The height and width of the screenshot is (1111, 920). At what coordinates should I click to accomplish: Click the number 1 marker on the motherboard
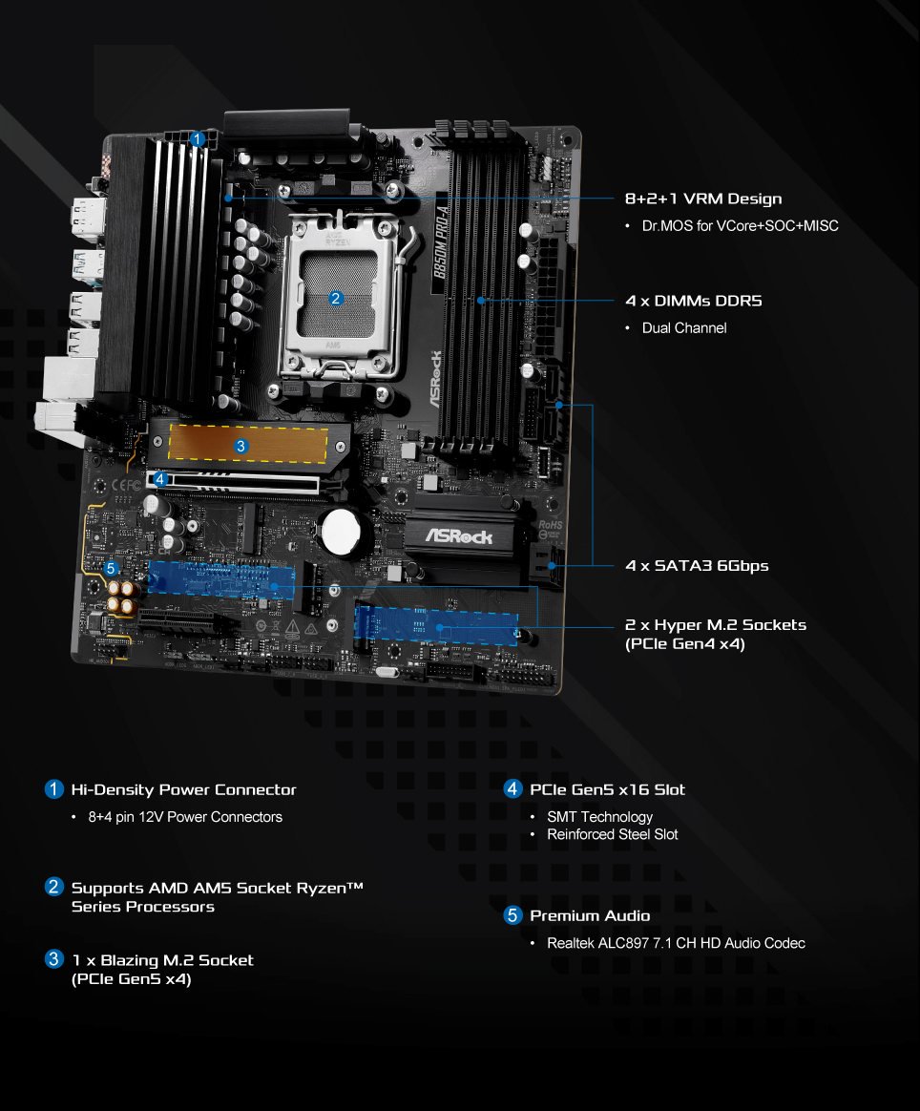point(197,139)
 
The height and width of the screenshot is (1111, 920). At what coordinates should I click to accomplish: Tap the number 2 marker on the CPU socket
point(335,299)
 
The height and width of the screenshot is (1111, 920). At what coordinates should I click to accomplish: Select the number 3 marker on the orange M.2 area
point(240,446)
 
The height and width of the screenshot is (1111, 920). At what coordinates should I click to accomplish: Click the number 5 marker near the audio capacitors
point(112,569)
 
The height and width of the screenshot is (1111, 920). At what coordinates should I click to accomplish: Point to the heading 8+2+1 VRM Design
point(702,199)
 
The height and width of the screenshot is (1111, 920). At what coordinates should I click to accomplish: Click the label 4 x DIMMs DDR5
point(693,301)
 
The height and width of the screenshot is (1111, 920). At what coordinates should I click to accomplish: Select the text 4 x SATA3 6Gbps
point(697,566)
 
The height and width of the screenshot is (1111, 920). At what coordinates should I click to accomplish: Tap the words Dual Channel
point(683,328)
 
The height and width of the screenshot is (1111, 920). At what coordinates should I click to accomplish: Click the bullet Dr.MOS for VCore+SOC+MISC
point(740,226)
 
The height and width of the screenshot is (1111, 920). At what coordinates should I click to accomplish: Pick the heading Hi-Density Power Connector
point(183,789)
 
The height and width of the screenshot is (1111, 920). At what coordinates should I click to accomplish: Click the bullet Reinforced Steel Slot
point(612,834)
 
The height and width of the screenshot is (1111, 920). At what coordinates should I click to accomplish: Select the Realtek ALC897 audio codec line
point(676,943)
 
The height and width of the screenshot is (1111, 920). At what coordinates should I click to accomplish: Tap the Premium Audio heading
point(590,915)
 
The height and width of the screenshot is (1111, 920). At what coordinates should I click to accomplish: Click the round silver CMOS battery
point(343,530)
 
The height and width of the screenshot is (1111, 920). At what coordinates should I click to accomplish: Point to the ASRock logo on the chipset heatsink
point(458,536)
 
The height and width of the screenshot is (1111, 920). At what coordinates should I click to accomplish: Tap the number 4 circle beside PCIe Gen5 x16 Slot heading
point(513,789)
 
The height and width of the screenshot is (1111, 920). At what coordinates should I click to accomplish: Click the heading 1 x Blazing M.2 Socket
point(162,959)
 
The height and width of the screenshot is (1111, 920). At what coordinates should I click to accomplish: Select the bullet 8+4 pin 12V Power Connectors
point(185,817)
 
